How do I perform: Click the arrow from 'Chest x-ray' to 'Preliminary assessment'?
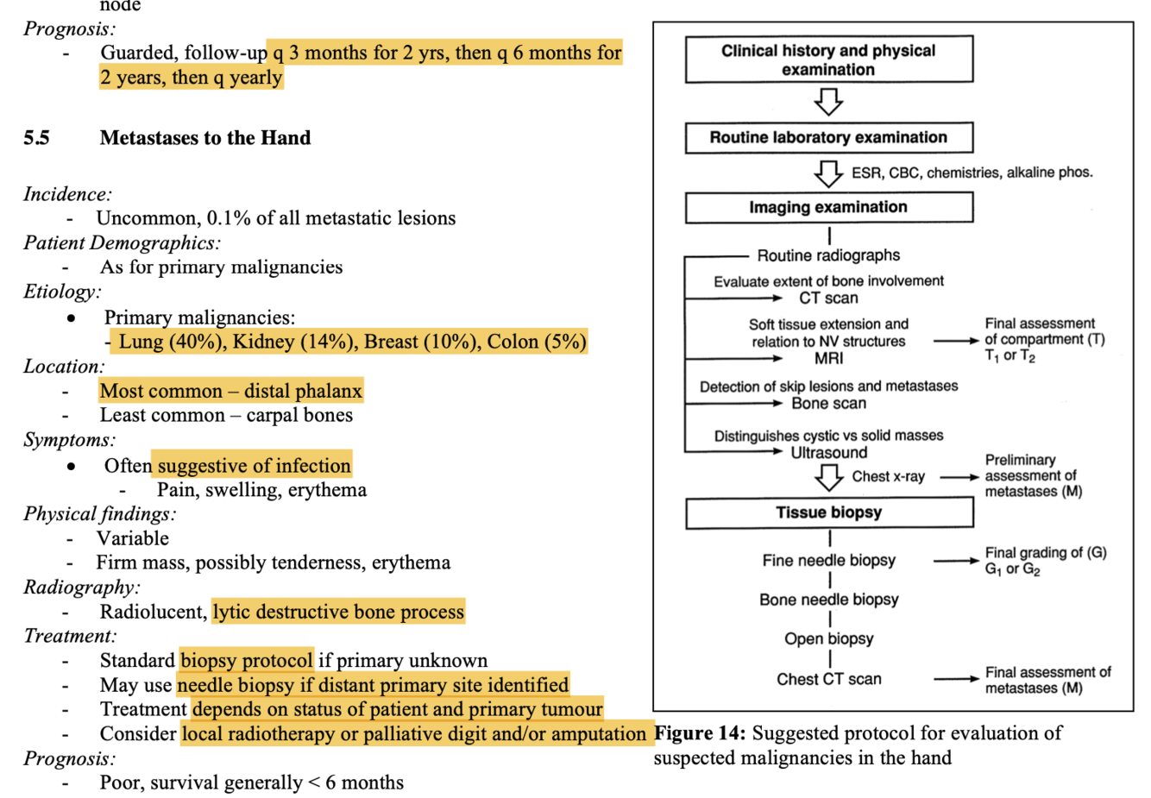(959, 477)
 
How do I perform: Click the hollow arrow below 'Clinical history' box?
(828, 101)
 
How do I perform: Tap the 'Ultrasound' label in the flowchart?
(828, 452)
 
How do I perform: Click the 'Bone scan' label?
(828, 404)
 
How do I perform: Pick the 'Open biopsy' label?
(829, 638)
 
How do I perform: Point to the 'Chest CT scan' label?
(829, 679)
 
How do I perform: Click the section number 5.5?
(36, 138)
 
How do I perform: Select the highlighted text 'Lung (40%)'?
(170, 342)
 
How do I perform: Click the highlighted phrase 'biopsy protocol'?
(247, 660)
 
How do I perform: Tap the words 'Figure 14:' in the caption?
(700, 733)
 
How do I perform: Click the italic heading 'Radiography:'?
(82, 588)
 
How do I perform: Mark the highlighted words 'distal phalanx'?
(303, 391)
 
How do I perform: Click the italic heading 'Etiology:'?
(62, 292)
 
